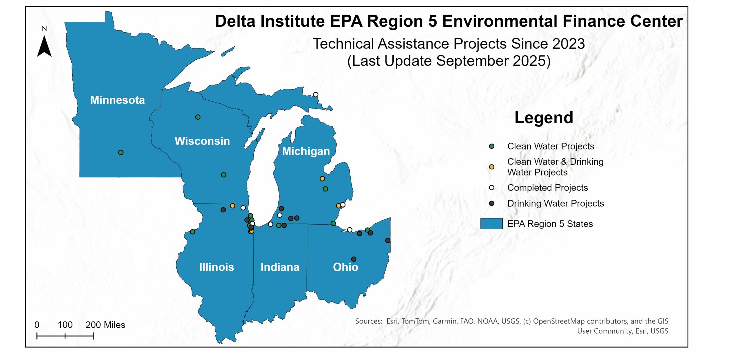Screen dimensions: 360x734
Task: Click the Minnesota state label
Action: pyautogui.click(x=117, y=100)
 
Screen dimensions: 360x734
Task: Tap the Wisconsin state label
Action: pyautogui.click(x=202, y=141)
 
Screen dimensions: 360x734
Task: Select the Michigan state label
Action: pyautogui.click(x=306, y=151)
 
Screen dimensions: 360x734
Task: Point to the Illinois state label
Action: pyautogui.click(x=216, y=267)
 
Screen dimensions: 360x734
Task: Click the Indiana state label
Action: pyautogui.click(x=280, y=267)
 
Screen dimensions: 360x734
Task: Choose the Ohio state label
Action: pyautogui.click(x=345, y=267)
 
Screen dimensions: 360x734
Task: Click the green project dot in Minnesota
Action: pyautogui.click(x=121, y=152)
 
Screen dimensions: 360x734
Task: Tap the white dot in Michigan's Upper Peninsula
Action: pyautogui.click(x=316, y=95)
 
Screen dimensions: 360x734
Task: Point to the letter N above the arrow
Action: pyautogui.click(x=44, y=29)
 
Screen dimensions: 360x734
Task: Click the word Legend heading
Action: pyautogui.click(x=544, y=118)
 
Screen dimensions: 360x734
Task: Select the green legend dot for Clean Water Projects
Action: pyautogui.click(x=492, y=146)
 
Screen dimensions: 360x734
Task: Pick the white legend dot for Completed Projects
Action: pyautogui.click(x=492, y=188)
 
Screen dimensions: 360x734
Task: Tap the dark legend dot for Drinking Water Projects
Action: pyautogui.click(x=492, y=204)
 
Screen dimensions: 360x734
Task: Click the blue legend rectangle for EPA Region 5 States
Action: pyautogui.click(x=491, y=224)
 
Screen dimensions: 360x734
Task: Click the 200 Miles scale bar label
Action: pyautogui.click(x=105, y=325)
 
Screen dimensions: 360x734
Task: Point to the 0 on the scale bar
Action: pyautogui.click(x=37, y=325)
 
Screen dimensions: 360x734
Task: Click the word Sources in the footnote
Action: pyautogui.click(x=368, y=321)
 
